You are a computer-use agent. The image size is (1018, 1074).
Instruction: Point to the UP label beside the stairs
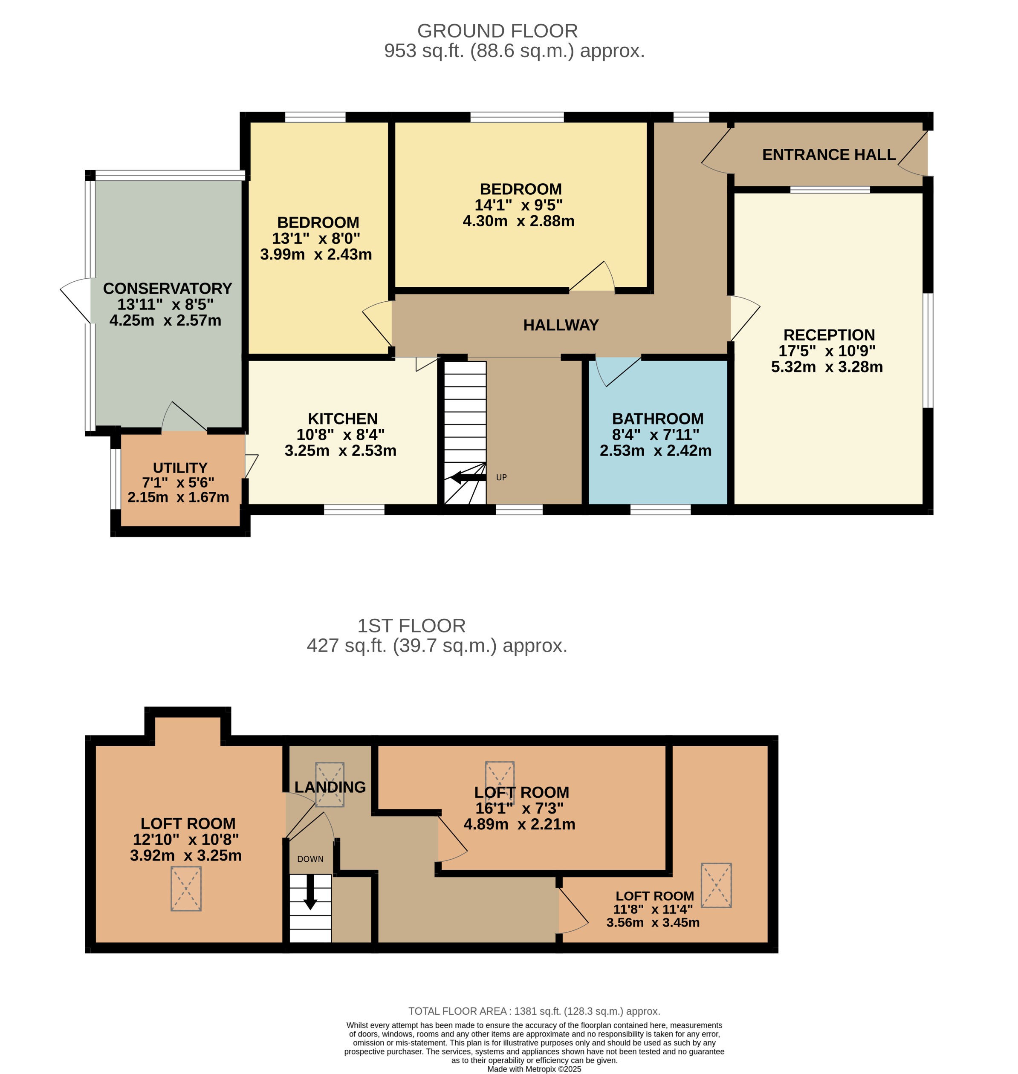501,478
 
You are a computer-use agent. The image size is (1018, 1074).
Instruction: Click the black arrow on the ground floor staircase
468,478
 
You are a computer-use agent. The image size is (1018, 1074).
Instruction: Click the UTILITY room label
179,468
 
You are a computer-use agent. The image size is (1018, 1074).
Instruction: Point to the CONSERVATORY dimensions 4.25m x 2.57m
165,320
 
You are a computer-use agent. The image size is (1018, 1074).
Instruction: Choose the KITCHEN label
342,419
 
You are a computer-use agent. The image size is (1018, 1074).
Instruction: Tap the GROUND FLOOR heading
497,31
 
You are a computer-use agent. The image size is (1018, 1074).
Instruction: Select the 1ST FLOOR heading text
411,626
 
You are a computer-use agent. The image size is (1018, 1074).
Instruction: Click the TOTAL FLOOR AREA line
534,1011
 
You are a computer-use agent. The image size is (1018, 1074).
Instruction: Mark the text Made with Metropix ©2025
534,1069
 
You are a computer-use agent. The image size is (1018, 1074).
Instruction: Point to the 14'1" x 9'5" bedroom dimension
518,205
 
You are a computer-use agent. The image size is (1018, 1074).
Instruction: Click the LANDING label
330,787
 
